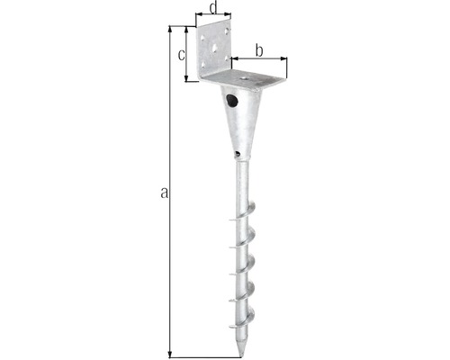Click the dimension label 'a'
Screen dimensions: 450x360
point(164,193)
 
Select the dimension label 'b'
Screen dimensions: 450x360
point(259,50)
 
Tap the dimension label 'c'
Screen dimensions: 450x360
point(182,55)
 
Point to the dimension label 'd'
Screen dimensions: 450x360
point(213,8)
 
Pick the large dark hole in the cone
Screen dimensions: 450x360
point(232,101)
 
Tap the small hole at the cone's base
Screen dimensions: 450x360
point(238,154)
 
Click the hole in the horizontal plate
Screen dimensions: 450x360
point(243,78)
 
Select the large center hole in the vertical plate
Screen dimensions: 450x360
point(215,48)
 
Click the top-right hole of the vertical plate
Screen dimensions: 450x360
point(228,31)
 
